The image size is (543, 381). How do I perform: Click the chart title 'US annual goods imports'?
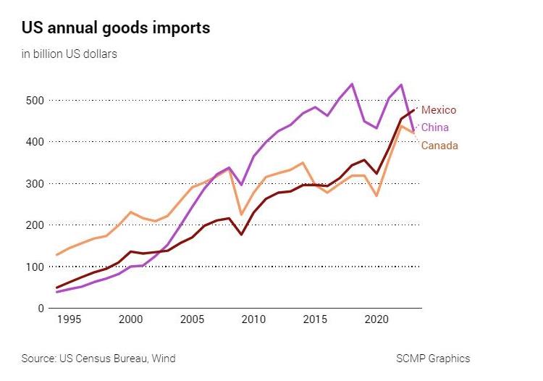tap(116, 28)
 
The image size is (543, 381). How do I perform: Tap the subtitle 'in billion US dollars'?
tap(69, 54)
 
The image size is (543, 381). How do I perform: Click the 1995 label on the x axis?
tap(70, 319)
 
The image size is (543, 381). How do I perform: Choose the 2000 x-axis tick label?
tap(131, 319)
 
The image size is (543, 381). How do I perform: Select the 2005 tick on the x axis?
tap(192, 319)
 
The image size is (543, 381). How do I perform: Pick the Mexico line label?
tap(439, 110)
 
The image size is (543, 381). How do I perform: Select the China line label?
tap(435, 127)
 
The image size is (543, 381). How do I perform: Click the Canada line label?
tap(439, 146)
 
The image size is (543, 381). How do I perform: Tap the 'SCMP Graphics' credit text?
tap(433, 358)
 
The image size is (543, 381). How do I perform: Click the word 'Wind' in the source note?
tap(163, 358)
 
